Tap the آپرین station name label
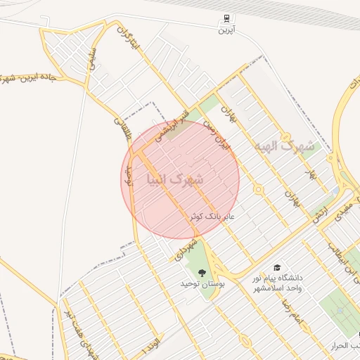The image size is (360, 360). pos(225,30)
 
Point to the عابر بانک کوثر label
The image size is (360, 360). pos(213,217)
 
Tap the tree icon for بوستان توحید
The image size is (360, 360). pos(202,273)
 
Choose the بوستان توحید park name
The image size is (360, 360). pos(202,283)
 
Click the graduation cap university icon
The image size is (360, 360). pos(277,268)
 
